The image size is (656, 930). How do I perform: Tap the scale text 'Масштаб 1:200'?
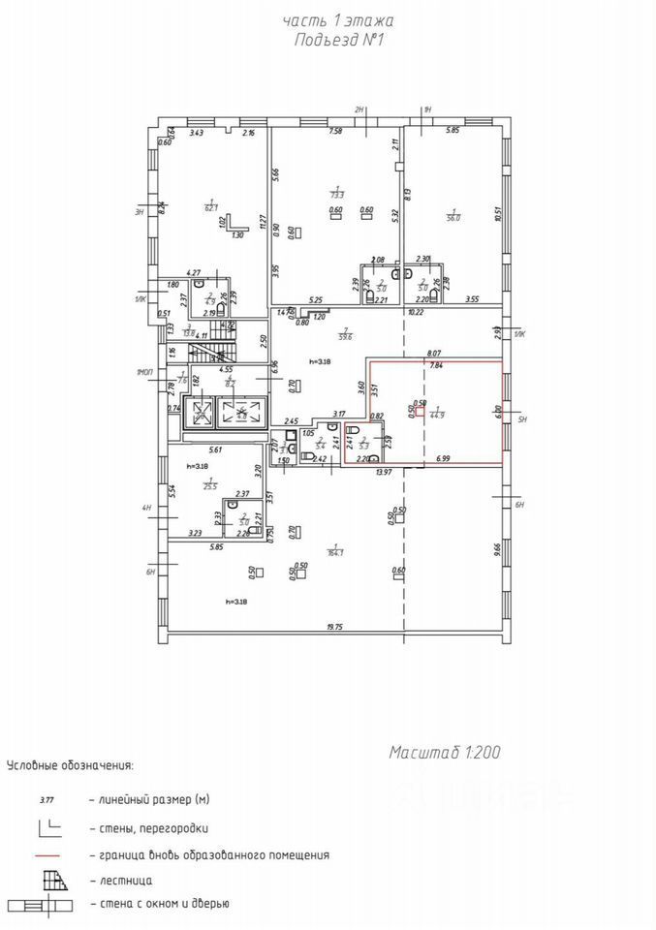[x=445, y=752]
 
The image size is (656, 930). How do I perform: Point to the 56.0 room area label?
[x=453, y=216]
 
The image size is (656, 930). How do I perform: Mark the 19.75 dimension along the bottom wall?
[x=335, y=628]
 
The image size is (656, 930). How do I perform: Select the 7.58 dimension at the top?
[x=335, y=132]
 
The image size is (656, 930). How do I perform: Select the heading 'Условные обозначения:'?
[x=70, y=765]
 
